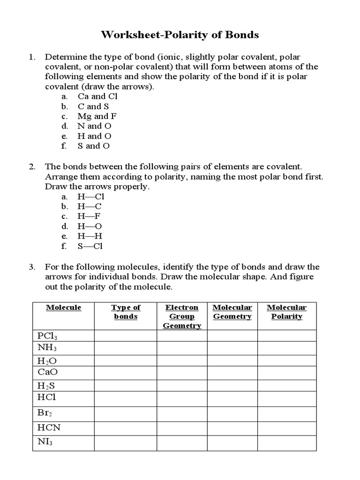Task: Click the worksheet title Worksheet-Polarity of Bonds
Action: pos(180,35)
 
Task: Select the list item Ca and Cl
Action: pos(97,97)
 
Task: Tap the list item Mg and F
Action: pos(97,116)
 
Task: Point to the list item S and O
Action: pos(94,146)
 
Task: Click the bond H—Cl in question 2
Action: pos(90,197)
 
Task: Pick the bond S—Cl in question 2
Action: pos(90,246)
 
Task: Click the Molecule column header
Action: pos(63,307)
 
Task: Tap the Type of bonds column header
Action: pos(126,312)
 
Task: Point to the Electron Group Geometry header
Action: pos(182,316)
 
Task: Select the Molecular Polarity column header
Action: pos(286,312)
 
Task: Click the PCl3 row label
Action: pos(47,336)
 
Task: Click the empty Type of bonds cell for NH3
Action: pos(126,348)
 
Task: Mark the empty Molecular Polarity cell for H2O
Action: pos(286,360)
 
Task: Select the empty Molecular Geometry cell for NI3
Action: pos(232,442)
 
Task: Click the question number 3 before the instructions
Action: pos(32,267)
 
